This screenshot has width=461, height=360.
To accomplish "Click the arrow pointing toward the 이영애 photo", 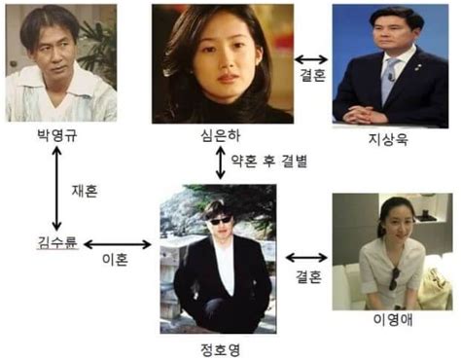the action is pos(307,259).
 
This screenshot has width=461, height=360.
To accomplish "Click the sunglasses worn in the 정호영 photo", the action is pos(218,217).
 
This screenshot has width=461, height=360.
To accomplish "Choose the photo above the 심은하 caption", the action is pos(222,62).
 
